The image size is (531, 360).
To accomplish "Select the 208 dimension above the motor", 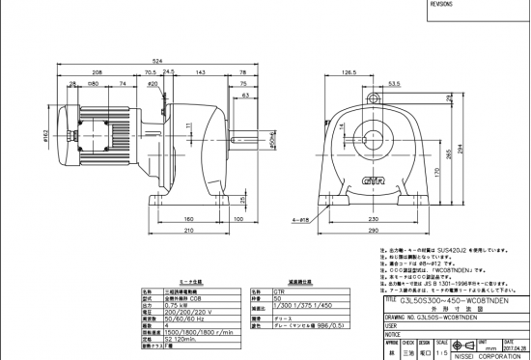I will (x=98, y=72).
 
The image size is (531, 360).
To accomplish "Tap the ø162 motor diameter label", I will (x=47, y=134).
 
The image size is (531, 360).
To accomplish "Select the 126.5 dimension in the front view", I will (x=349, y=72).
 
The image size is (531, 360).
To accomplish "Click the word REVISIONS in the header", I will (x=439, y=4).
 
